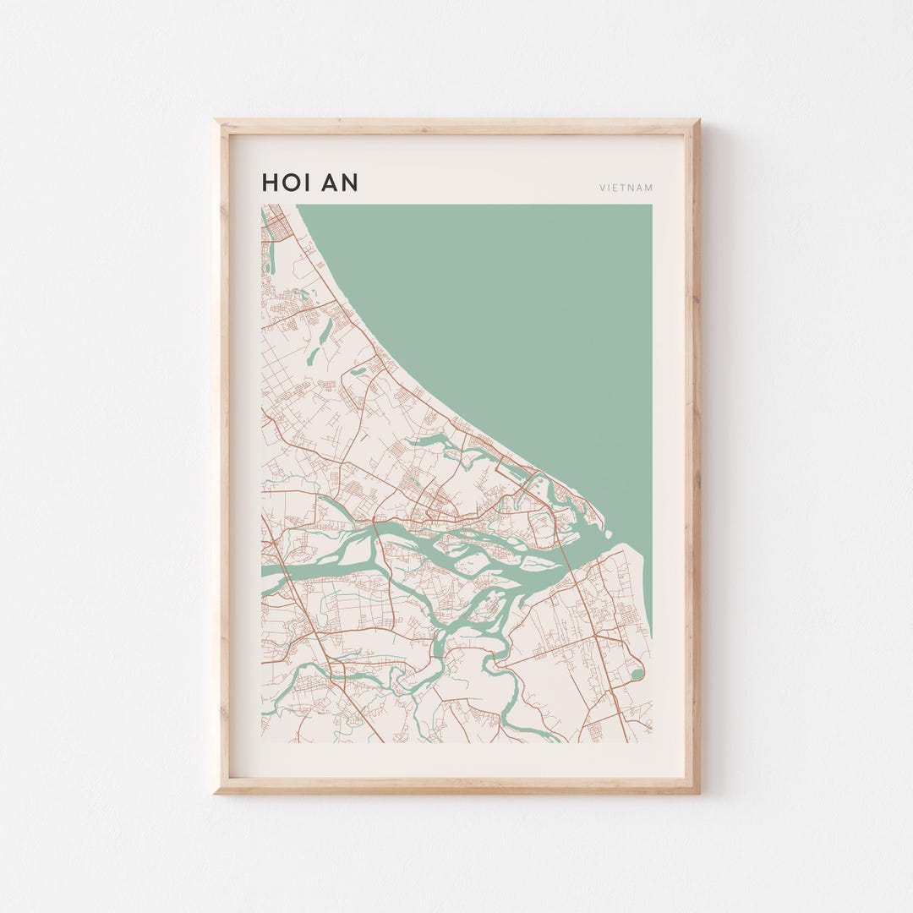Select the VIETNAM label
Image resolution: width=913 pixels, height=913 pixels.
point(626,188)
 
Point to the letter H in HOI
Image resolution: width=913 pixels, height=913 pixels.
point(270,183)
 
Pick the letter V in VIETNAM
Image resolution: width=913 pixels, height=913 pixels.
point(603,188)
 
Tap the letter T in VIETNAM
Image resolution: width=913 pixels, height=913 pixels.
point(625,188)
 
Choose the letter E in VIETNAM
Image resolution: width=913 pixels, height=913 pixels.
point(617,188)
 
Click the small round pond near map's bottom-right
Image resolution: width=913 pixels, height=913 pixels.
point(637,674)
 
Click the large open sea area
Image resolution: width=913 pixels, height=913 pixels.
point(507,321)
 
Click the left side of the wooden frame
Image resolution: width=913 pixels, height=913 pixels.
point(221,456)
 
